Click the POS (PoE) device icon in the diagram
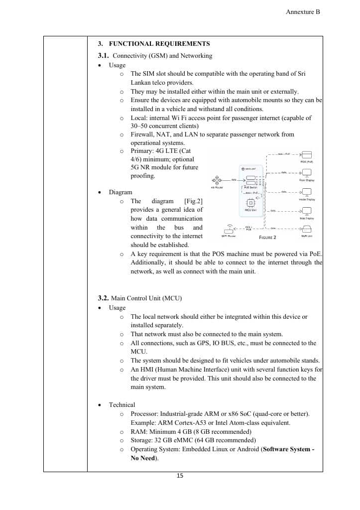307,154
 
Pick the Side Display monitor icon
307,211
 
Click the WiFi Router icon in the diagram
228,229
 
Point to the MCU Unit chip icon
251,203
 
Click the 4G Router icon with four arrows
217,180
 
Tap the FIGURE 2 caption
267,238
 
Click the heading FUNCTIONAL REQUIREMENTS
159,44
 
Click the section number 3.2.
103,298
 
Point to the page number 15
180,476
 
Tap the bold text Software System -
288,449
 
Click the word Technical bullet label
122,405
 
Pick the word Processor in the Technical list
144,414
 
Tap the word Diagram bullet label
120,192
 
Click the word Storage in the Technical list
142,440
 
